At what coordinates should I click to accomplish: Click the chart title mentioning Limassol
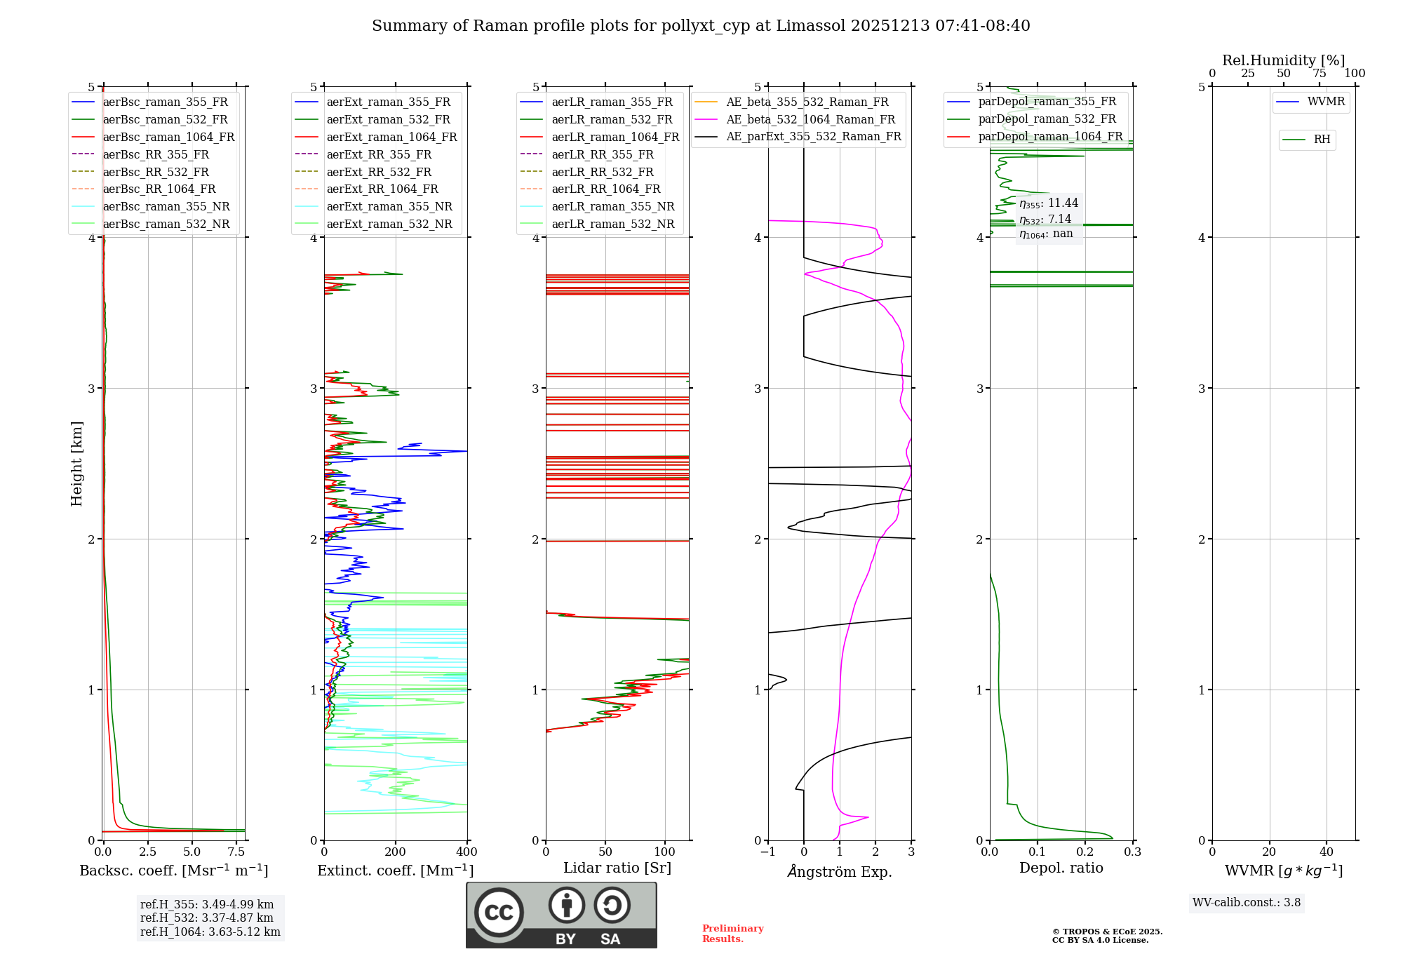pyautogui.click(x=701, y=26)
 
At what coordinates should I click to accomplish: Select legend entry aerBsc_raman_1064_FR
pyautogui.click(x=168, y=137)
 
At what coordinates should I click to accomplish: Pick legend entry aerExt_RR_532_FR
pyautogui.click(x=379, y=172)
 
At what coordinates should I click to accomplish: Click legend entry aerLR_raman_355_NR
pyautogui.click(x=612, y=206)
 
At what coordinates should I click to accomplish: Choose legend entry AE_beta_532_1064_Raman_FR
pyautogui.click(x=810, y=119)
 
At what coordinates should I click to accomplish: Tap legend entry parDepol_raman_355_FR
pyautogui.click(x=1047, y=102)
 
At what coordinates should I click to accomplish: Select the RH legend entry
pyautogui.click(x=1322, y=140)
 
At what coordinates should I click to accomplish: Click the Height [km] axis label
pyautogui.click(x=76, y=463)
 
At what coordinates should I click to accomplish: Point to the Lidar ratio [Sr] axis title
pyautogui.click(x=617, y=868)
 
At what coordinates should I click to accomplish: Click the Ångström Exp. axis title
pyautogui.click(x=840, y=871)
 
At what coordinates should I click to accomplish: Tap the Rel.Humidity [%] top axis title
pyautogui.click(x=1283, y=60)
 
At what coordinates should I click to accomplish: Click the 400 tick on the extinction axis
pyautogui.click(x=467, y=852)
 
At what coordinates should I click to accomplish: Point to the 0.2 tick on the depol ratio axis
pyautogui.click(x=1085, y=852)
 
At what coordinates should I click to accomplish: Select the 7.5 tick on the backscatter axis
pyautogui.click(x=236, y=852)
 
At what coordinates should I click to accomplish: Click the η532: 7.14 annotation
pyautogui.click(x=1045, y=220)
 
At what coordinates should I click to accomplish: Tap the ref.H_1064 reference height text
pyautogui.click(x=210, y=932)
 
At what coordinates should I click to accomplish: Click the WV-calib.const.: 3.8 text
pyautogui.click(x=1247, y=903)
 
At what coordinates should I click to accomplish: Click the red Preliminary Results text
pyautogui.click(x=732, y=934)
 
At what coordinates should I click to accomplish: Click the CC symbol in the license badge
pyautogui.click(x=499, y=913)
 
